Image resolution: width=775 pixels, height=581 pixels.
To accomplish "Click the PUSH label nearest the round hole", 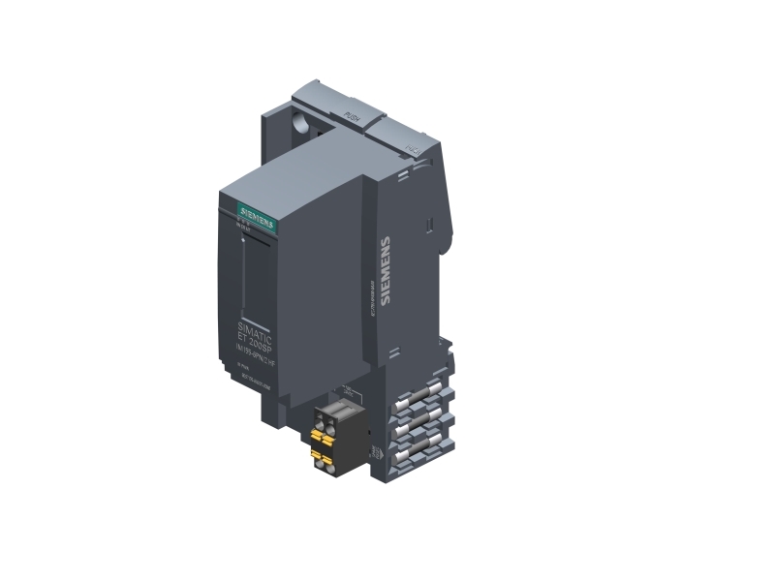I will (353, 118).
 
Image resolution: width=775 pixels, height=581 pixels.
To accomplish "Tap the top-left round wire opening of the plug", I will (320, 413).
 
